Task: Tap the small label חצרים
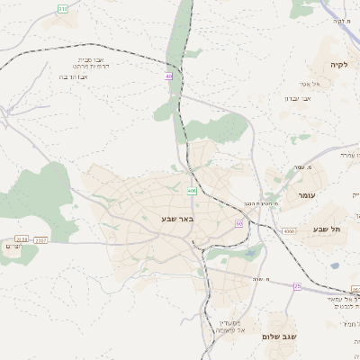point(12,247)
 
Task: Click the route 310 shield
point(62,8)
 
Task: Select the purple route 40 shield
point(168,76)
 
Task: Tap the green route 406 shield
point(192,191)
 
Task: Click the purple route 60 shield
point(239,223)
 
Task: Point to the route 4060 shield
point(289,231)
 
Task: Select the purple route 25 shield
point(297,286)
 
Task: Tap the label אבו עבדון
point(298,97)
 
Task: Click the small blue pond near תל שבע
point(335,265)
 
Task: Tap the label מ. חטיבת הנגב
point(261,203)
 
